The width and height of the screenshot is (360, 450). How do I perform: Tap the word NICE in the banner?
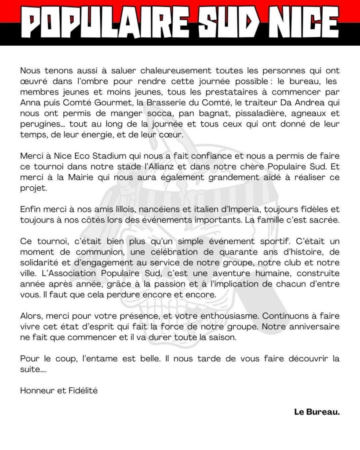[299, 22]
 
